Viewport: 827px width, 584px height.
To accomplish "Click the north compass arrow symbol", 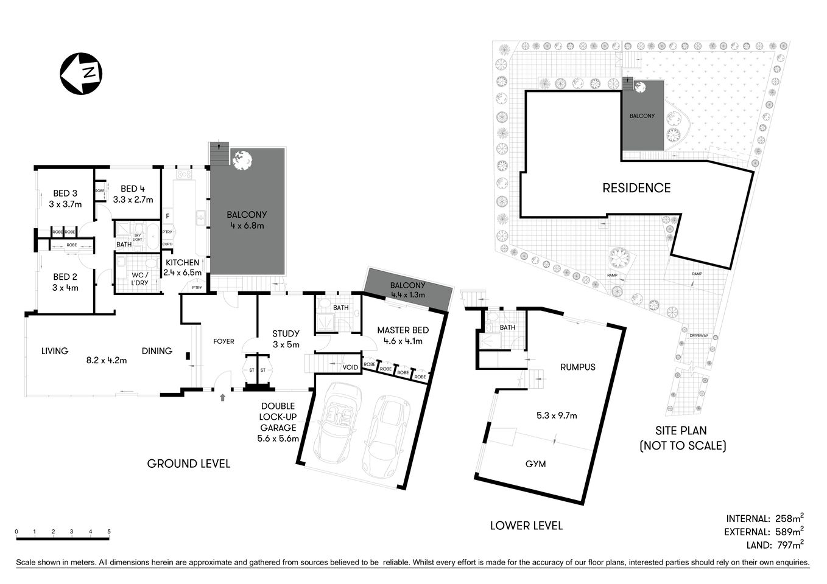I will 80,74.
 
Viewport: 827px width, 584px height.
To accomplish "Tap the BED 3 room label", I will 65,193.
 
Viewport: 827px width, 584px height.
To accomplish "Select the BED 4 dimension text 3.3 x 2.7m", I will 133,200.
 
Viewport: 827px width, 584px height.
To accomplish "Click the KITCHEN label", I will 183,263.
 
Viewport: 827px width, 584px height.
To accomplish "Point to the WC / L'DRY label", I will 139,279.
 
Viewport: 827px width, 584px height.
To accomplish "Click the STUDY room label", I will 286,333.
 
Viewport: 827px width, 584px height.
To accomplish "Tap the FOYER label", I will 223,341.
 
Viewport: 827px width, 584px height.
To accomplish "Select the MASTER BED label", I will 403,330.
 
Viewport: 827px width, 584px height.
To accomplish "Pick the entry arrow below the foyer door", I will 222,398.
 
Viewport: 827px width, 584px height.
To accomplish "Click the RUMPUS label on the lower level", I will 577,367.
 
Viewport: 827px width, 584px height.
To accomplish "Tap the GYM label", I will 535,464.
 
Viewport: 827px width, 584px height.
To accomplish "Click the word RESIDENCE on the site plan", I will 636,188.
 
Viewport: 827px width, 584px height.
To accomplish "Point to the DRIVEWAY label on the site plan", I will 699,336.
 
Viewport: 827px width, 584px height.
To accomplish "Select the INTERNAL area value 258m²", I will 789,519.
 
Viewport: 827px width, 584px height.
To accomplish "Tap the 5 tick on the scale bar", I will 109,532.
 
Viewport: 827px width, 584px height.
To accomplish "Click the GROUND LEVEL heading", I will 189,464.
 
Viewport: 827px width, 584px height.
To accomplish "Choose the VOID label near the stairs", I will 350,367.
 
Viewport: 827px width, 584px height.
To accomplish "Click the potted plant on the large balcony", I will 242,159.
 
